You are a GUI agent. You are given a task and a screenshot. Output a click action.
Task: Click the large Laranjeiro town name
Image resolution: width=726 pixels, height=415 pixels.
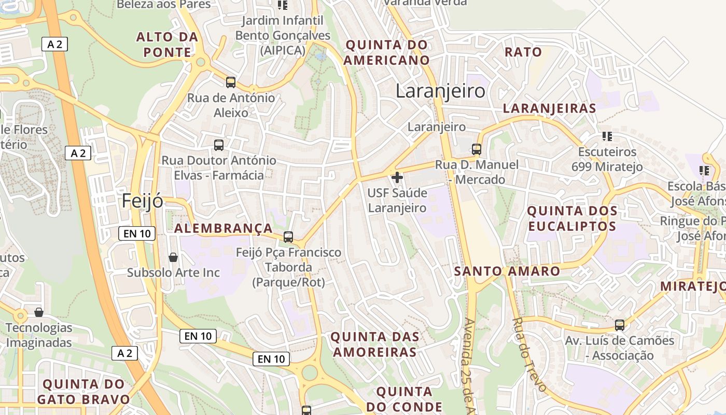(440, 91)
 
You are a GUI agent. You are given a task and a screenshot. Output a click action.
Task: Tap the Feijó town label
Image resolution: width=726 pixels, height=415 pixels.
(143, 201)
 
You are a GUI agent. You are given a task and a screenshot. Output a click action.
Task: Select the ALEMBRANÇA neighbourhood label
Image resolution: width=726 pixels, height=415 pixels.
(224, 229)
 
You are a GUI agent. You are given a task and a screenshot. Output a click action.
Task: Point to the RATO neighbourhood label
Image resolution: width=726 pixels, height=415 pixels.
(523, 52)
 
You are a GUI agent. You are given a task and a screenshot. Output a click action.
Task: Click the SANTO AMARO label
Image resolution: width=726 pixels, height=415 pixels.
(507, 271)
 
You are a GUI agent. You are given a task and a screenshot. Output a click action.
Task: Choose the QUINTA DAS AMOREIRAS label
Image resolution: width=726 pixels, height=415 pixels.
(374, 344)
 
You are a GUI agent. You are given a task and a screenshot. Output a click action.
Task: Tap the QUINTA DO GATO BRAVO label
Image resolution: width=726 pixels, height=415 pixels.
(83, 392)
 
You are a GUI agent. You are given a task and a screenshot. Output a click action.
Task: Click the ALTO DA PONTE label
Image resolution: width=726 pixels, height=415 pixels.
(167, 45)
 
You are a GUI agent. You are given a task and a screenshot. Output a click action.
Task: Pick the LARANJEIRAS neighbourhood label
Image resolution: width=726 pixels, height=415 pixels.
(550, 108)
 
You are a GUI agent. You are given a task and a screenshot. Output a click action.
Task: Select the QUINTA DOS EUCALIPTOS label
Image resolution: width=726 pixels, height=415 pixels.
(572, 218)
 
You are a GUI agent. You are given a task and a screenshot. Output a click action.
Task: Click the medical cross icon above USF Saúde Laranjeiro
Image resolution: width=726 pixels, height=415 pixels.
(397, 177)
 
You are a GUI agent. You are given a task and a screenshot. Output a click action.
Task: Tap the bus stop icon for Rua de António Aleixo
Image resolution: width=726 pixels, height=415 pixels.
(231, 82)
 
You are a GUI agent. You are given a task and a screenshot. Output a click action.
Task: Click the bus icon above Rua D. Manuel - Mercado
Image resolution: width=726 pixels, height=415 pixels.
(477, 149)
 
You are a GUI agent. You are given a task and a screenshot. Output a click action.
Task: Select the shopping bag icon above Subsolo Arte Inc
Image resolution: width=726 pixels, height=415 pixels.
(173, 257)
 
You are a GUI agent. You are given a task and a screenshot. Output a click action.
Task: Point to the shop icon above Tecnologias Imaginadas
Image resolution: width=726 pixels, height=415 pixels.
(39, 312)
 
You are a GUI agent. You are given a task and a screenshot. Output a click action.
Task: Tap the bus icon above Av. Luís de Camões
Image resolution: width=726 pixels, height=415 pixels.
(620, 325)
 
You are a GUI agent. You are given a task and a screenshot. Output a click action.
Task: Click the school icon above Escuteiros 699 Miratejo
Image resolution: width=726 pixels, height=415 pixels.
(607, 136)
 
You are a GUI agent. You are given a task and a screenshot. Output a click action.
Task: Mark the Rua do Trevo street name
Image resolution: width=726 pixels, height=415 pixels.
(529, 354)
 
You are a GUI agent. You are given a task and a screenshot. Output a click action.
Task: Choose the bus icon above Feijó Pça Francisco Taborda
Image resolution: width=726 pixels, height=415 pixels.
(288, 237)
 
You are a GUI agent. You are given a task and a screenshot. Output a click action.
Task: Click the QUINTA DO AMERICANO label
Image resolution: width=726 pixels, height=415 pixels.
(387, 52)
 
